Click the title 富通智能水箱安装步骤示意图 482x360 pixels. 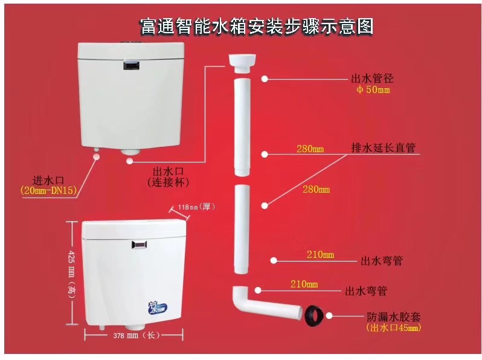point(257,26)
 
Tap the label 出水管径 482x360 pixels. point(372,79)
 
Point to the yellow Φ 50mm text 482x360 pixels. point(373,90)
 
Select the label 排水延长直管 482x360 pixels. point(383,148)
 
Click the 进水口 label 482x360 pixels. point(48,180)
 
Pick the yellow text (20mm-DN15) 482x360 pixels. point(48,191)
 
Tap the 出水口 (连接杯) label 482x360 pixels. point(168,177)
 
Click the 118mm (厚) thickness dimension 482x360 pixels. point(196,207)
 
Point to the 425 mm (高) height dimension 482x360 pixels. point(72,272)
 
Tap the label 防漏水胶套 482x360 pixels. point(393,317)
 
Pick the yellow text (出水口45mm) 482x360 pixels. point(394,328)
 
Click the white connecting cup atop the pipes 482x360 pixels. point(243,63)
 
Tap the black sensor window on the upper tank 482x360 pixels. point(132,65)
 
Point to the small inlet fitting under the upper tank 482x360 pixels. point(97,149)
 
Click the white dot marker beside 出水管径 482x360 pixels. point(265,79)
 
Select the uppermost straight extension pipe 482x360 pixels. point(243,127)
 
